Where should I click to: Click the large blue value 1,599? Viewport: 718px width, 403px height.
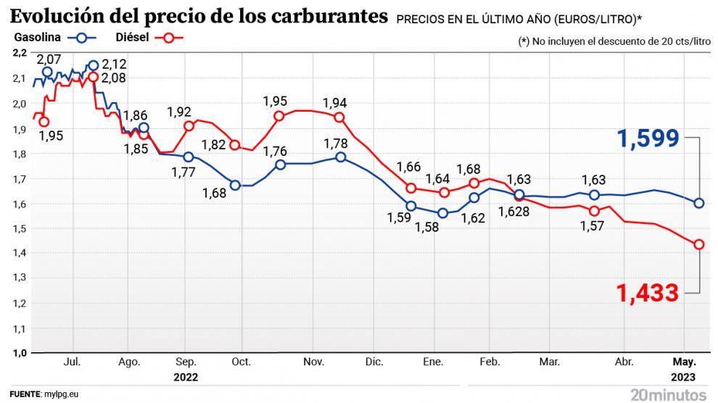(648, 138)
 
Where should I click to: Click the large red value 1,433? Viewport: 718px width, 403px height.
(648, 293)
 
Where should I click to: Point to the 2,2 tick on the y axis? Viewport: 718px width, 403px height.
(20, 53)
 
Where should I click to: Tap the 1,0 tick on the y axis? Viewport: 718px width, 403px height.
(20, 352)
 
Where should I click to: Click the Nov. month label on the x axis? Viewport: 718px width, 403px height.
(313, 361)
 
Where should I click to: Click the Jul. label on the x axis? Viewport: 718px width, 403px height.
(72, 361)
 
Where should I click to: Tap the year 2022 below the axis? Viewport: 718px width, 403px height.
(185, 377)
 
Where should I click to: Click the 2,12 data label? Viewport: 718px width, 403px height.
(116, 65)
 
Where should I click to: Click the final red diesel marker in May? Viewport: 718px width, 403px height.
(699, 244)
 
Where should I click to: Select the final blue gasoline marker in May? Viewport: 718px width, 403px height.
(699, 203)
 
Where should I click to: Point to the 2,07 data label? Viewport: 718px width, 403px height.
(49, 58)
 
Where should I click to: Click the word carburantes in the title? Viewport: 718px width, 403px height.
(323, 15)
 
